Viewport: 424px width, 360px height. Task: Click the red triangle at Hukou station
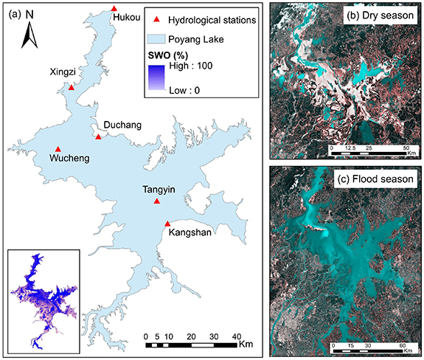point(114,8)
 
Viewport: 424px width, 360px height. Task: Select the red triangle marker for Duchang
point(99,136)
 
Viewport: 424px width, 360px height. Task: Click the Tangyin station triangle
point(156,201)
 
